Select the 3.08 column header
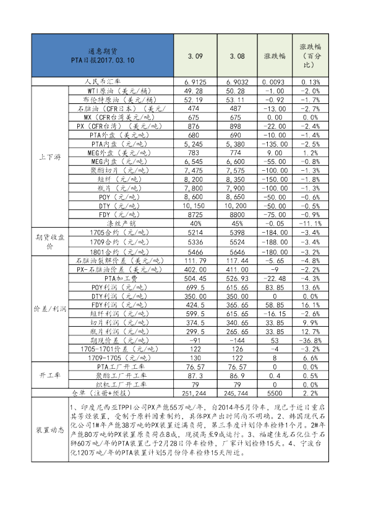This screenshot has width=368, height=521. tap(237, 56)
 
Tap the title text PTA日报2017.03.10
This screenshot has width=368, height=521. tap(103, 61)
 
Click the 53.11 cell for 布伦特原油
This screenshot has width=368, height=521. tap(237, 99)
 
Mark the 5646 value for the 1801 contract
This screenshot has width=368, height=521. tap(237, 252)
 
